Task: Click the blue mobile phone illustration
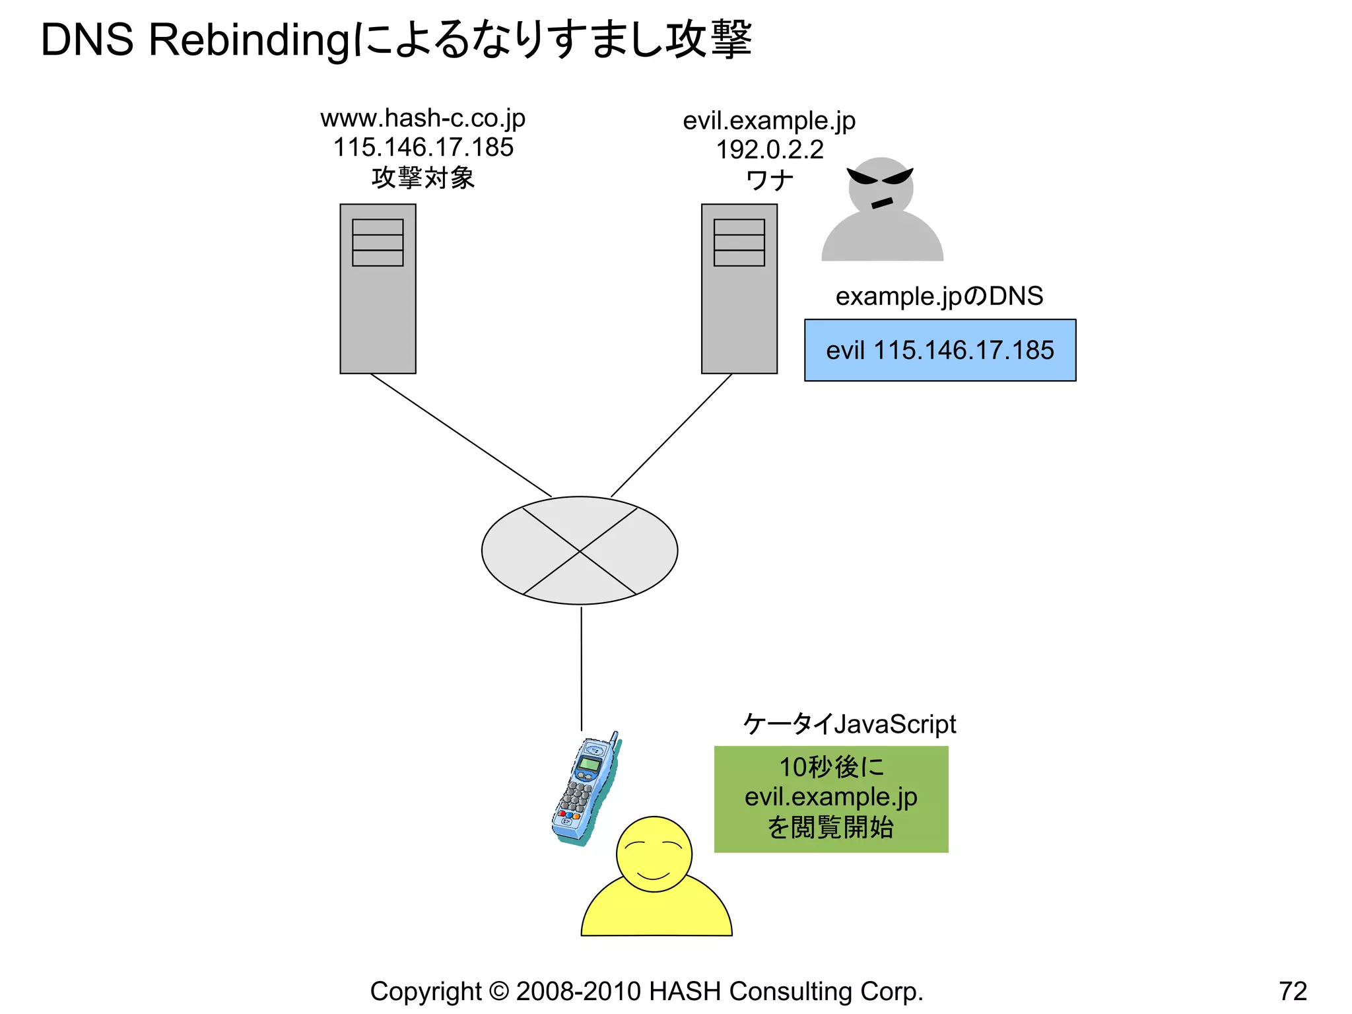(x=585, y=789)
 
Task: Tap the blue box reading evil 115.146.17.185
(x=939, y=351)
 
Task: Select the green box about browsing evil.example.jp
(x=830, y=799)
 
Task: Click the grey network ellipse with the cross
(x=579, y=551)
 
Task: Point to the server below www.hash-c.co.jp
(x=378, y=288)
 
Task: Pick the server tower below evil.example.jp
(x=739, y=288)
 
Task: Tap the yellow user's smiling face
(x=654, y=854)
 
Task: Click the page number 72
(x=1293, y=992)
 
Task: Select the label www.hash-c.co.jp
(x=422, y=119)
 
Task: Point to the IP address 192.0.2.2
(x=770, y=150)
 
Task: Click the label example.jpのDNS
(x=939, y=296)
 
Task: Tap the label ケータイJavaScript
(x=849, y=724)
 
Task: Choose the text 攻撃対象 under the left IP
(x=422, y=178)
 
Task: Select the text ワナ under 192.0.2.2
(x=769, y=180)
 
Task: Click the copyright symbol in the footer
(x=499, y=992)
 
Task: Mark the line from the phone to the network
(x=581, y=667)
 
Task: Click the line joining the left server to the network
(x=460, y=434)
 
